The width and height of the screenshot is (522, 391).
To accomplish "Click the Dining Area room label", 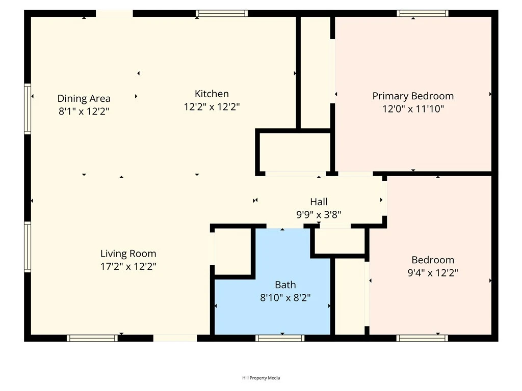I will (84, 99).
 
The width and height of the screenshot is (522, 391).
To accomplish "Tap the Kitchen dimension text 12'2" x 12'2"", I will (212, 107).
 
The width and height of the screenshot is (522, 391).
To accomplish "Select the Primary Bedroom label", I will (413, 96).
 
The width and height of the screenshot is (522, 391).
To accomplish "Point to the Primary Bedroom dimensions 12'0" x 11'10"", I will (413, 108).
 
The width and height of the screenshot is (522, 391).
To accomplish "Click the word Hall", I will (319, 202).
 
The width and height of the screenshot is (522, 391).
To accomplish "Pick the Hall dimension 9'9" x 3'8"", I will (319, 215).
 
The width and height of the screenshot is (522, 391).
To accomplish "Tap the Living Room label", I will (128, 254).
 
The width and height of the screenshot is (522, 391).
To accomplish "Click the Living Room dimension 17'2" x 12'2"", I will (128, 266).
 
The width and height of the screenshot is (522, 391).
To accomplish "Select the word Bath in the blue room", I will (285, 285).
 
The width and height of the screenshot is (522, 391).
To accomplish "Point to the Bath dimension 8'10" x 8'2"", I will (285, 298).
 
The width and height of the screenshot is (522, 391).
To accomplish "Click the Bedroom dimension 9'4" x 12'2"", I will (433, 273).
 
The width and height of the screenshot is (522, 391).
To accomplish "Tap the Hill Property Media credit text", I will (261, 378).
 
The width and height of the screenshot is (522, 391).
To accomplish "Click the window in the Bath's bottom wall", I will (280, 338).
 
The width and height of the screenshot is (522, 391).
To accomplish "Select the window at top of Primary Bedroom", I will (423, 13).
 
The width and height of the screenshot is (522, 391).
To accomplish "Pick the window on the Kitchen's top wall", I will (222, 13).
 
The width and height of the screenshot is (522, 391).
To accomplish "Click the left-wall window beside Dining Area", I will (28, 109).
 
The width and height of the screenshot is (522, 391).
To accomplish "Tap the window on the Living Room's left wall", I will (28, 246).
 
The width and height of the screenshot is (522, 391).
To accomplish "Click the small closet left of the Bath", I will (233, 252).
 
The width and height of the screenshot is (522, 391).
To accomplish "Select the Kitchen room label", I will (212, 94).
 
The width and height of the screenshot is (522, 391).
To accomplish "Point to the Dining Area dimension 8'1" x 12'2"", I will (84, 111).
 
